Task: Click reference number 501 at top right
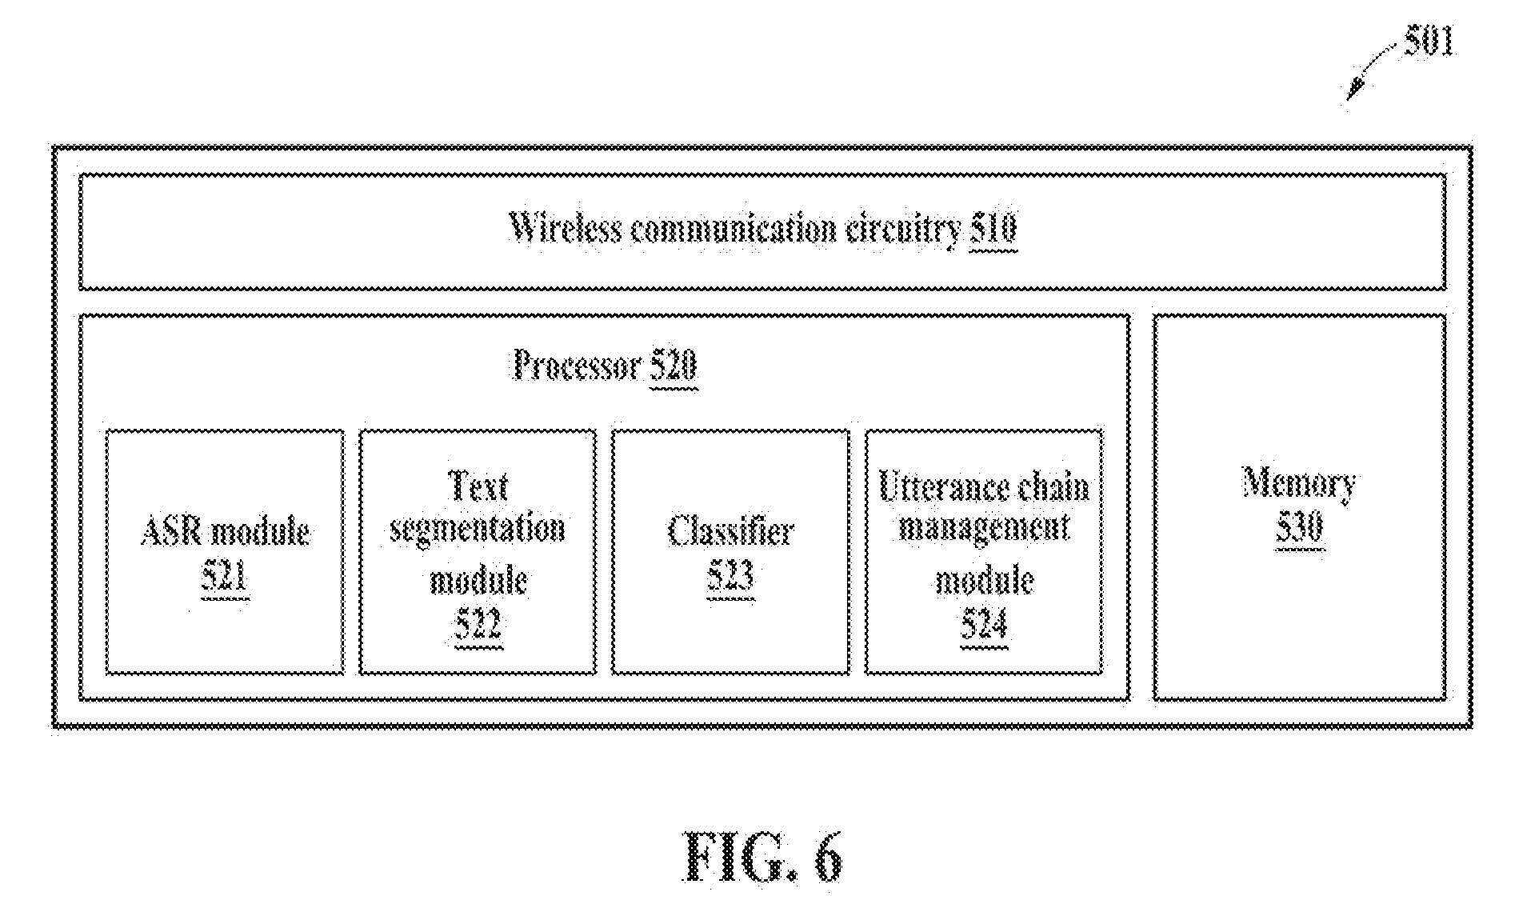[1429, 42]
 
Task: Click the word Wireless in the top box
[566, 228]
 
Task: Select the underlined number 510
[993, 229]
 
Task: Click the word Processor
[577, 366]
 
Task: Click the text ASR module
[225, 531]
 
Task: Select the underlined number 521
[225, 578]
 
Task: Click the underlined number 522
[478, 626]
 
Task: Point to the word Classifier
[730, 531]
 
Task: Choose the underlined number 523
[730, 578]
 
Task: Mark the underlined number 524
[985, 626]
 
